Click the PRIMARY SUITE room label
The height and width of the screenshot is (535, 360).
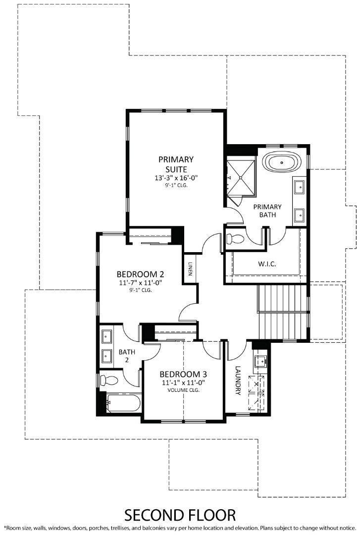tap(176, 164)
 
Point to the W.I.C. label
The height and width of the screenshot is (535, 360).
tap(267, 264)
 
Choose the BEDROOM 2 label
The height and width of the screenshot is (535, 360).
tap(140, 274)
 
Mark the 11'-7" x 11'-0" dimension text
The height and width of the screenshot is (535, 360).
tap(140, 283)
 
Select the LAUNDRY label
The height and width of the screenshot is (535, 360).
tap(238, 380)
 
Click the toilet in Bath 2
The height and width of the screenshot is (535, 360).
tap(108, 380)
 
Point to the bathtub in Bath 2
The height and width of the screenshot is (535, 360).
tap(121, 402)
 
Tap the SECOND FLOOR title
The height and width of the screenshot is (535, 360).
tap(180, 515)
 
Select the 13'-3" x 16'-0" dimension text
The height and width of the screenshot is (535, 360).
tap(176, 177)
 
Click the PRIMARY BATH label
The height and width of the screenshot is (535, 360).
tap(267, 211)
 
